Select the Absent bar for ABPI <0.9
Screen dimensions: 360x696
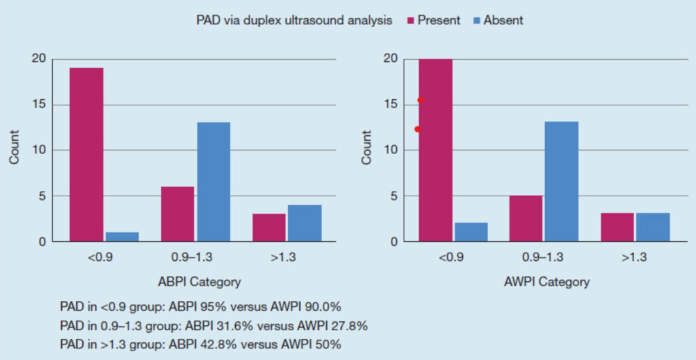[x=122, y=236]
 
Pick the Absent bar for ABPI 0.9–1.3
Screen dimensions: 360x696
[x=213, y=181]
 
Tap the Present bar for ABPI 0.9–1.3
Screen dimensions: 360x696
[x=177, y=214]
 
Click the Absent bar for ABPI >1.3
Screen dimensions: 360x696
[x=304, y=223]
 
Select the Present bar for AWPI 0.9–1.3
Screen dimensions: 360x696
[x=525, y=218]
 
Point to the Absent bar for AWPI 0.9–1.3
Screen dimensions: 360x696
[x=561, y=181]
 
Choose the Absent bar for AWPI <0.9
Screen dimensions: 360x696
[x=470, y=232]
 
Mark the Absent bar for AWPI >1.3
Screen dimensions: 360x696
[x=652, y=227]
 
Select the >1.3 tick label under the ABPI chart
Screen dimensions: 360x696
[x=286, y=257]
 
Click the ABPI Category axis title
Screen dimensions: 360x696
[x=195, y=281]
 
